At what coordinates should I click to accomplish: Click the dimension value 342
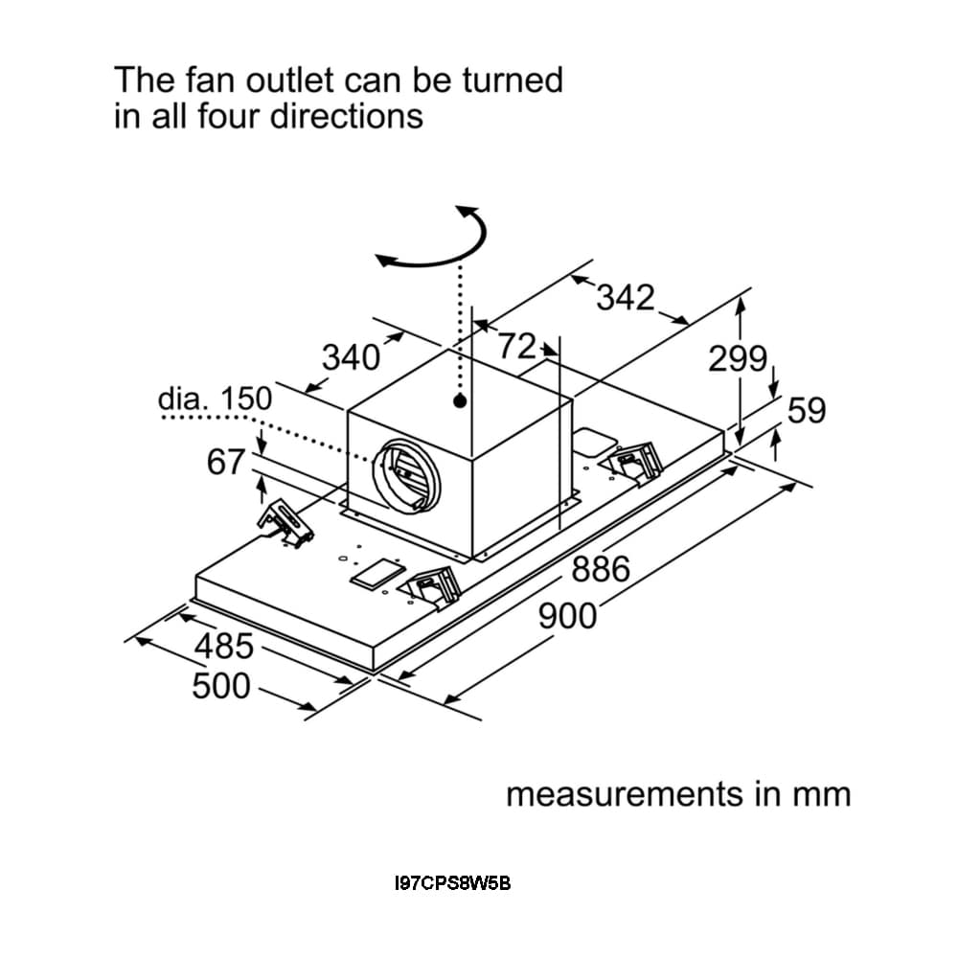[x=625, y=298]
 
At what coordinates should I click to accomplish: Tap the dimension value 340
[x=350, y=358]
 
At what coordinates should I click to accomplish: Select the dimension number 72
[x=516, y=346]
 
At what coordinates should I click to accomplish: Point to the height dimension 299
[x=738, y=359]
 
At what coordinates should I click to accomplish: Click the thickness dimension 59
[x=806, y=410]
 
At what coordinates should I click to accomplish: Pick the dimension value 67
[x=227, y=462]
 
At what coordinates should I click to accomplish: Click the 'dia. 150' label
[x=215, y=399]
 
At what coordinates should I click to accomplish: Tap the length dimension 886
[x=601, y=570]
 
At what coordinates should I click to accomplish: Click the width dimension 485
[x=224, y=647]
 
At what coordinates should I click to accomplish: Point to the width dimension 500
[x=221, y=686]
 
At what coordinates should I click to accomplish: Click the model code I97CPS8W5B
[x=453, y=883]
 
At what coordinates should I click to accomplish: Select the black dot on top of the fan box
[x=461, y=400]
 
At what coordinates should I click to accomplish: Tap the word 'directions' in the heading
[x=346, y=116]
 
